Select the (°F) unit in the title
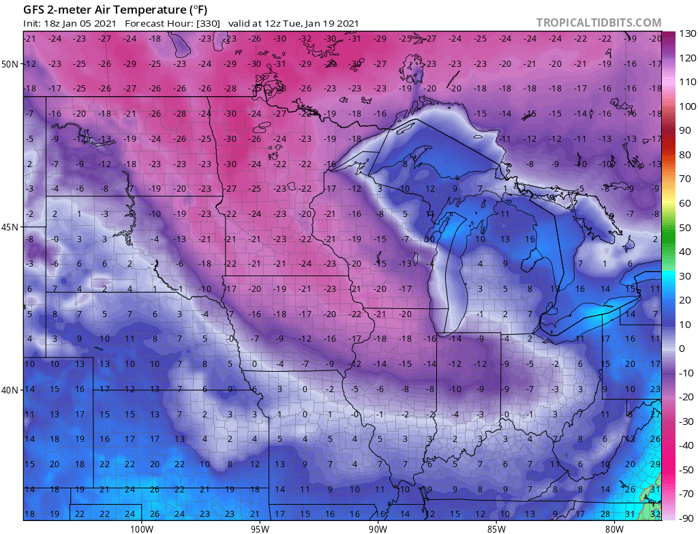point(194,10)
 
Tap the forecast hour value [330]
point(207,23)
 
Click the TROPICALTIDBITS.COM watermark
point(598,23)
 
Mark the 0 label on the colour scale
point(682,348)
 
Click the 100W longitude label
point(142,527)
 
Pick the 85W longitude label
point(496,527)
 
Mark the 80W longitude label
point(614,527)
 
